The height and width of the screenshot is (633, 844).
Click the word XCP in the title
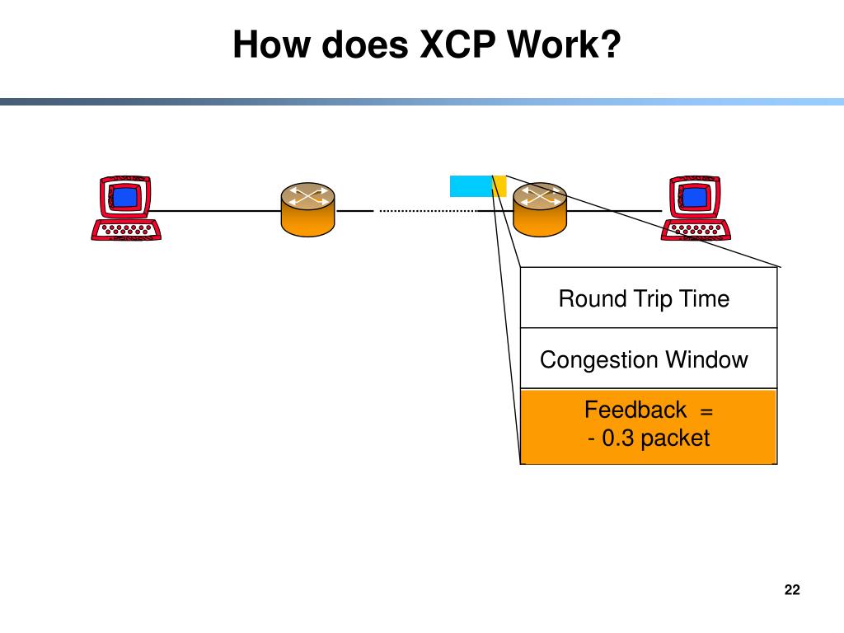[457, 45]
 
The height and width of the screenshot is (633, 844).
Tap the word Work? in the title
[564, 45]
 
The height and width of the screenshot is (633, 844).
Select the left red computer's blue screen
[125, 198]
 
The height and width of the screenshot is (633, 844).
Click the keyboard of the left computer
[126, 230]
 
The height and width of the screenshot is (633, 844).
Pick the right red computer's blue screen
[695, 198]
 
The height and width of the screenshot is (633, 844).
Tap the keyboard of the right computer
[696, 230]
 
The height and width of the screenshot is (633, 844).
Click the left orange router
[308, 209]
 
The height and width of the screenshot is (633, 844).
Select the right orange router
[540, 209]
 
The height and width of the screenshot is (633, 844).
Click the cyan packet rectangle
[471, 186]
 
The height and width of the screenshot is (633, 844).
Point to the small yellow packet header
[499, 186]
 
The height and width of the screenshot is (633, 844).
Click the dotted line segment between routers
[428, 211]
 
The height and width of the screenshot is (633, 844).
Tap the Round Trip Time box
[649, 298]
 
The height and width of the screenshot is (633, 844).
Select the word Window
[706, 359]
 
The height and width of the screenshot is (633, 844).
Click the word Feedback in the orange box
[635, 410]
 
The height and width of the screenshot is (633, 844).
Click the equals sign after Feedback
[706, 412]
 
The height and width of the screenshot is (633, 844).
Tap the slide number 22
[792, 590]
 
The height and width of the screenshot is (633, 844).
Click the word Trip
[653, 300]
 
